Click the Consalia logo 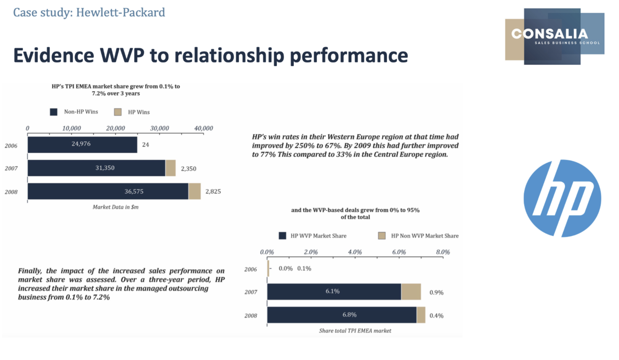(554, 36)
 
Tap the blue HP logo (562, 198)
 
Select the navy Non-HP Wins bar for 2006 (82, 145)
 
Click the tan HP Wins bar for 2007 (170, 168)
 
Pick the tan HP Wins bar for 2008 (194, 191)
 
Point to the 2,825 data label (213, 191)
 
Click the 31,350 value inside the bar (105, 168)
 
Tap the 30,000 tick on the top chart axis (159, 128)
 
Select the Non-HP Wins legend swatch (54, 112)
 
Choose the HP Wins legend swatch (118, 112)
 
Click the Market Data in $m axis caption (115, 207)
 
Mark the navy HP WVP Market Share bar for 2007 (334, 292)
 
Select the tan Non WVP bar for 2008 (421, 315)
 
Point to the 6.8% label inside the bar (349, 315)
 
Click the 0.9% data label (436, 292)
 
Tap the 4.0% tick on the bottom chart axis (355, 252)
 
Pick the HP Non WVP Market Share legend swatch (382, 236)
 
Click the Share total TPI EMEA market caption (355, 331)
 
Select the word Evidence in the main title (54, 55)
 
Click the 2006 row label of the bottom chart (250, 269)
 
